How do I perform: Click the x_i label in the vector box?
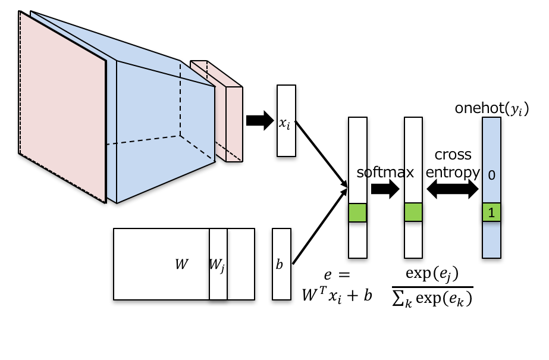[286, 123]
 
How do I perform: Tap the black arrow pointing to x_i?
[258, 121]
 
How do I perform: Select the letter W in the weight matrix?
[181, 264]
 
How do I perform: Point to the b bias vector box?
[281, 264]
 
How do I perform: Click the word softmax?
[385, 173]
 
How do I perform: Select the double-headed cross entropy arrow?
[453, 189]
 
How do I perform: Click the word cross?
[453, 155]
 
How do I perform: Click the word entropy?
[453, 172]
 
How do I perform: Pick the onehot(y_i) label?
[491, 108]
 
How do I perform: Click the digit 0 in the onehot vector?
[491, 175]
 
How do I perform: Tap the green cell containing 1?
[491, 212]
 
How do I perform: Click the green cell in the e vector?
[357, 212]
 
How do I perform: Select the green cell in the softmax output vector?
[413, 212]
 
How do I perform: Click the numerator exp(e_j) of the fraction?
[432, 274]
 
